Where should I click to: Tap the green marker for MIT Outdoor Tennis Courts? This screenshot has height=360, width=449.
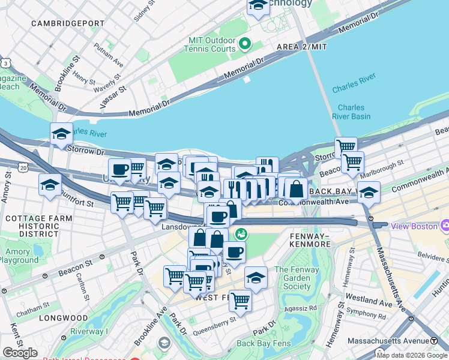(x=245, y=44)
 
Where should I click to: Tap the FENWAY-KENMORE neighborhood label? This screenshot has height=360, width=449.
(x=310, y=240)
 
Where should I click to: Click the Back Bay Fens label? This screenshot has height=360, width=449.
(x=264, y=344)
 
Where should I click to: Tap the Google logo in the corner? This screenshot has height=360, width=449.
(x=20, y=353)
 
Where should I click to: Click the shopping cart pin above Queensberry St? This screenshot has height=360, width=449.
(x=240, y=300)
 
